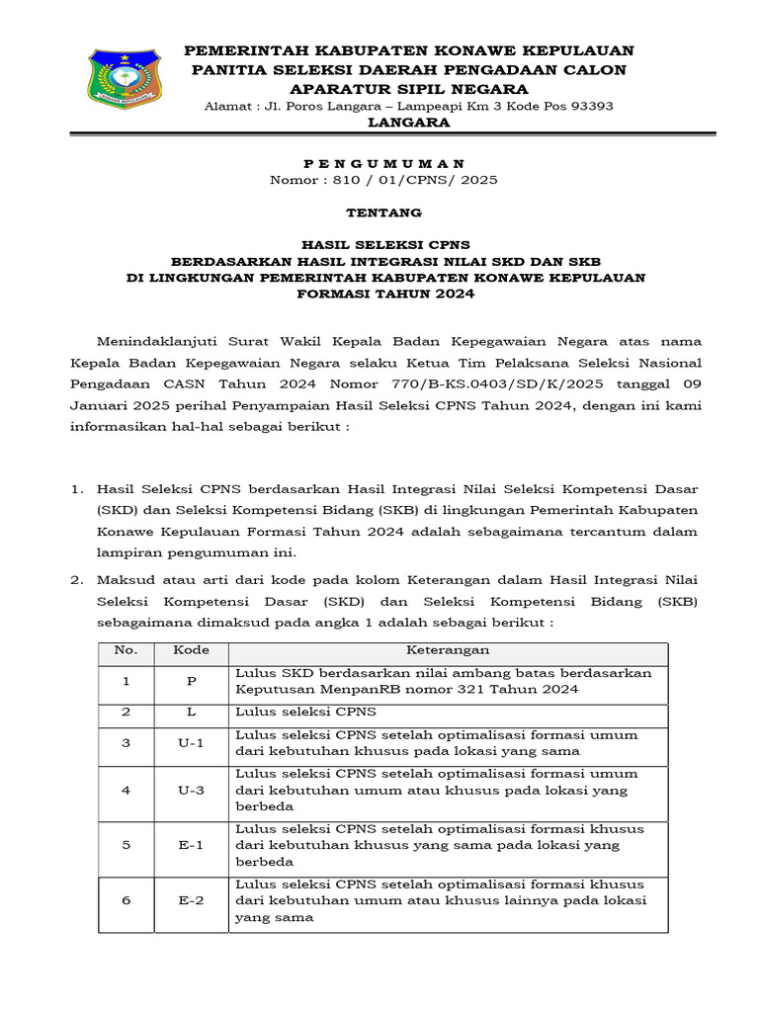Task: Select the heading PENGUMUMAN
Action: point(382,163)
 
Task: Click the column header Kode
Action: point(191,650)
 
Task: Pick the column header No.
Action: point(126,650)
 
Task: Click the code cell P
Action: point(191,682)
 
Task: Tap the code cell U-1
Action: point(191,743)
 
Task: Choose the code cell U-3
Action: point(191,791)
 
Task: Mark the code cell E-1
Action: point(191,846)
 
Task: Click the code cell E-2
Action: point(191,901)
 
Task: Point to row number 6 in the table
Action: point(126,901)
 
